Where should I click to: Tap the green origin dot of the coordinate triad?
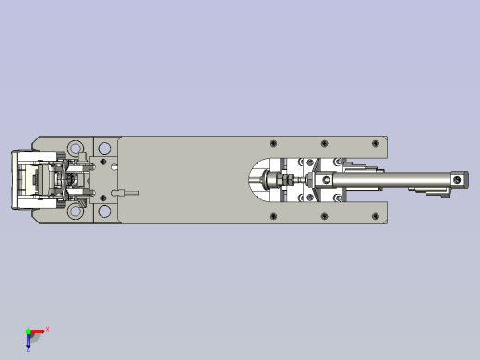(x=28, y=330)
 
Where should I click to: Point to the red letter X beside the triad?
(x=47, y=329)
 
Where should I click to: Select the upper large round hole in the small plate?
(x=104, y=148)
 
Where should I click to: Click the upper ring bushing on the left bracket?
(x=73, y=148)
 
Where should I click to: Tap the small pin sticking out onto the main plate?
(x=126, y=193)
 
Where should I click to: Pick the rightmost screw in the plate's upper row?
(x=374, y=143)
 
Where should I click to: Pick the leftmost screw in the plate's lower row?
(x=273, y=217)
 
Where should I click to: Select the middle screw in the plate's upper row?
(x=324, y=143)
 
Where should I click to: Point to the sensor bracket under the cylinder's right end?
(x=432, y=193)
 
